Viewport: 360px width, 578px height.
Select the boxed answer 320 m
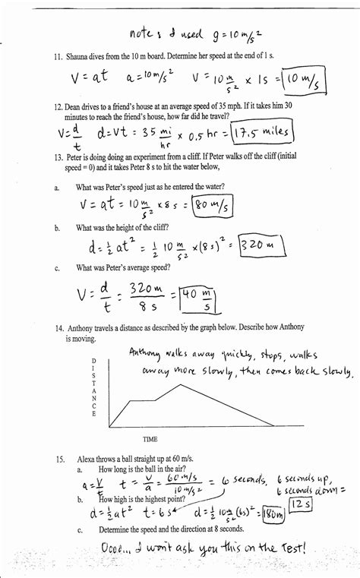(261, 245)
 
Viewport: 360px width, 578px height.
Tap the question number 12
(58, 108)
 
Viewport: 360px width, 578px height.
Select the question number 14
(58, 327)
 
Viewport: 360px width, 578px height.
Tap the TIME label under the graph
(150, 439)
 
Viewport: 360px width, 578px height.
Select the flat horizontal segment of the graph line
(143, 400)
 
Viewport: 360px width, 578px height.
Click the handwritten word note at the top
(141, 33)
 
